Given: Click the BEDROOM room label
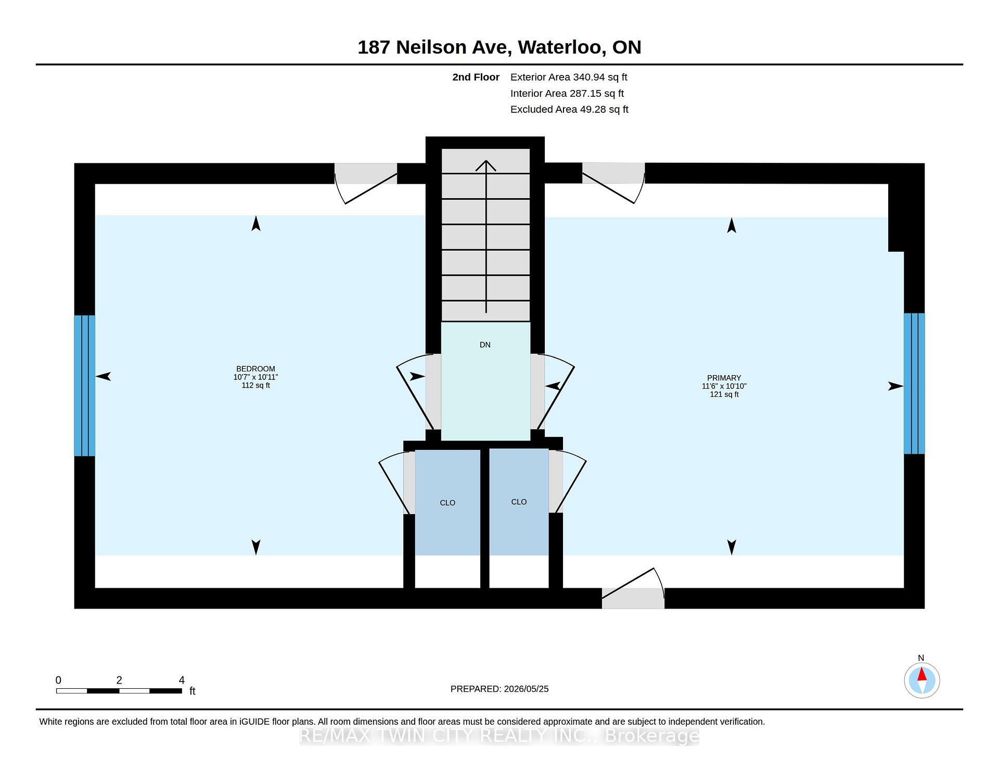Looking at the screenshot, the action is click(x=255, y=369).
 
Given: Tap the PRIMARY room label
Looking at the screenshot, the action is click(x=724, y=378).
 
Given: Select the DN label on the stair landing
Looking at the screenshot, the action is click(x=485, y=345).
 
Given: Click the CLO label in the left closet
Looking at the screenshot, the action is click(x=447, y=503).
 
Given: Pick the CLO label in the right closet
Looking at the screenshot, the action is click(x=519, y=502).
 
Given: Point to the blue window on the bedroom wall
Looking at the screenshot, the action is click(x=84, y=385).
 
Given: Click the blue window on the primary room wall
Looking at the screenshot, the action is click(x=914, y=383).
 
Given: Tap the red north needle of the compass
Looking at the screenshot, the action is click(x=921, y=674).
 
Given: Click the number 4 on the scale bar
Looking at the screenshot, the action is click(x=182, y=680).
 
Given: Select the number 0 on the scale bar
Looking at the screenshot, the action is click(x=58, y=680).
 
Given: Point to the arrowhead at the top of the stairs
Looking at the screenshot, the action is click(x=486, y=165).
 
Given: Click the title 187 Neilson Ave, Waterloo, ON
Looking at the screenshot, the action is click(x=499, y=47).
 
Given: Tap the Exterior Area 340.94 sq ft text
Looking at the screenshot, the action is click(x=569, y=77).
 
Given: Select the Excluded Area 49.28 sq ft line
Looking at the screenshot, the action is click(x=569, y=109).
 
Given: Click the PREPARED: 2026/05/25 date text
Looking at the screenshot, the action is click(x=499, y=689).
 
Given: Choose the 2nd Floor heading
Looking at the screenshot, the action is click(x=476, y=77).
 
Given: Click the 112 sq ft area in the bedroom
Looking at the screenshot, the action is click(x=255, y=385).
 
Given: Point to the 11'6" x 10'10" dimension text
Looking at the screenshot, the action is click(x=724, y=386).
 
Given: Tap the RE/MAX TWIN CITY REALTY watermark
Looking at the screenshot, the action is click(x=499, y=736).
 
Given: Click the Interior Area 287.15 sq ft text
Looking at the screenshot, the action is click(x=567, y=93).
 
